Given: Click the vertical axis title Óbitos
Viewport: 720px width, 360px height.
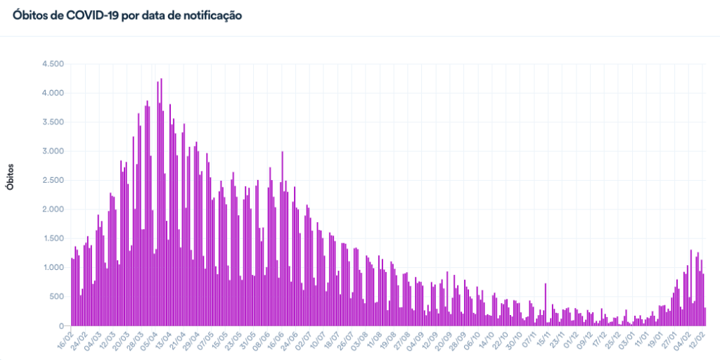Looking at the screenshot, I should click(10, 176).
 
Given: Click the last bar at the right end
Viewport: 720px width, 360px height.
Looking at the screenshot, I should click(705, 316).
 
